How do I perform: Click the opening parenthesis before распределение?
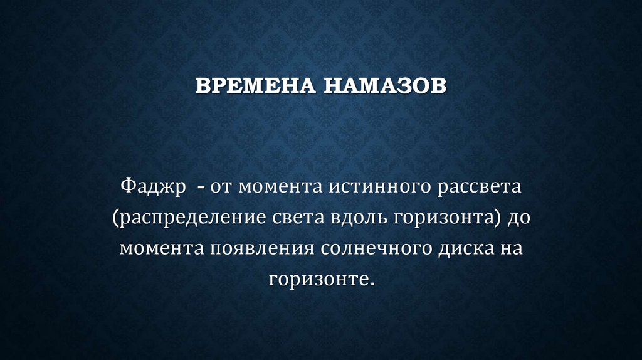click(117, 218)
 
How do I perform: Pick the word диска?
click(464, 248)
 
